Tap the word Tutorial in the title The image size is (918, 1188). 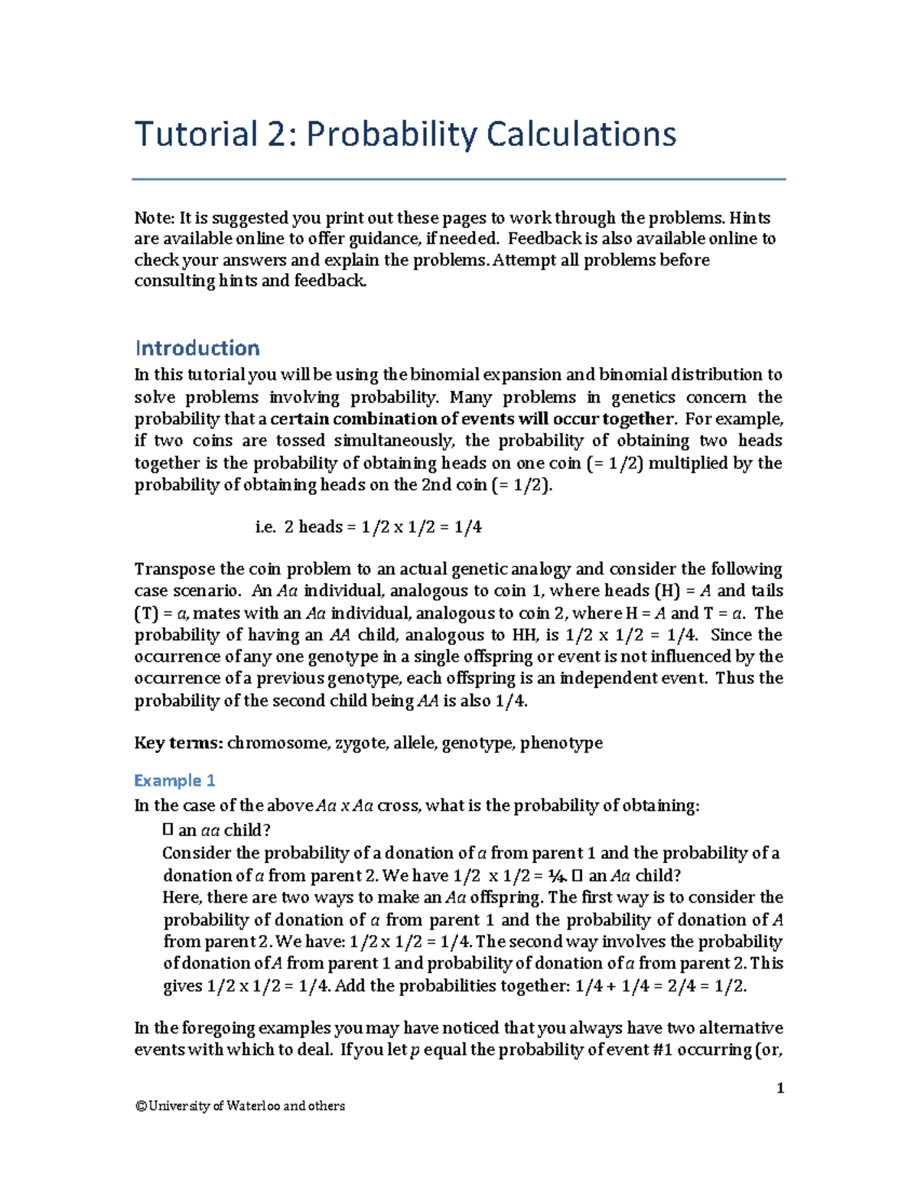pos(196,135)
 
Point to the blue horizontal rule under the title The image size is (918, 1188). pos(459,180)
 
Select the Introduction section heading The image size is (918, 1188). pos(197,348)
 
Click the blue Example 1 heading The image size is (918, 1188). pos(174,780)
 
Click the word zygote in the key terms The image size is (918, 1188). pos(360,743)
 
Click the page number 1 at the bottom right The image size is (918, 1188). pos(780,1088)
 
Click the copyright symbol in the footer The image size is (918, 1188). pos(140,1105)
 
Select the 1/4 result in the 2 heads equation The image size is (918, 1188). pos(467,526)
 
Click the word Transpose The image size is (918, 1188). pos(174,569)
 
